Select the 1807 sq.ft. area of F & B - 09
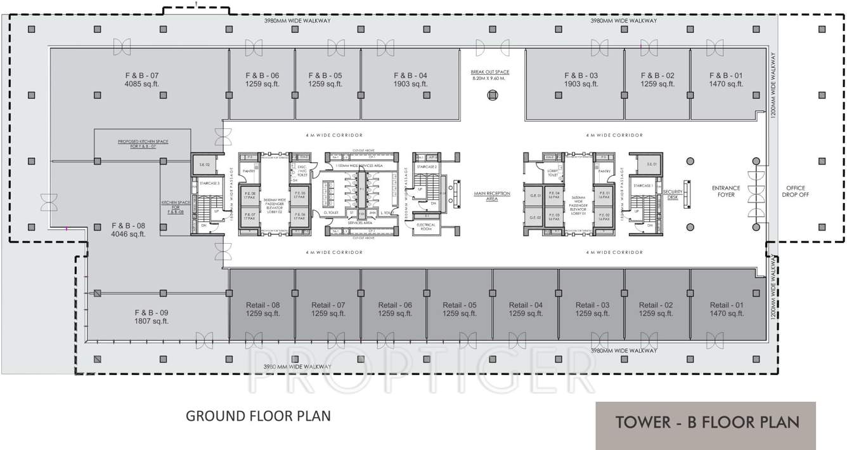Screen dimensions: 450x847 [x=152, y=321]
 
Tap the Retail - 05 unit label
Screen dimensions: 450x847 [x=460, y=305]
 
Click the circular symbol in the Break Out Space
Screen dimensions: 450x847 [x=492, y=95]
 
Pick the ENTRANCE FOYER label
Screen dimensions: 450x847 [x=725, y=191]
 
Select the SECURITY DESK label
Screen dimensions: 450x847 [x=672, y=194]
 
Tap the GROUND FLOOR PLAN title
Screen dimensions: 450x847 [x=258, y=416]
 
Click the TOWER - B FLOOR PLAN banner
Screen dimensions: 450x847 [x=706, y=423]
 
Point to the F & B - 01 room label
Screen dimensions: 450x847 [x=726, y=76]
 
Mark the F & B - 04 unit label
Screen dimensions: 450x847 [x=410, y=76]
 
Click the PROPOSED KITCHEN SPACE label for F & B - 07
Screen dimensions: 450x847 [x=143, y=143]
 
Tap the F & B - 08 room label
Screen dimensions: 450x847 [x=129, y=225]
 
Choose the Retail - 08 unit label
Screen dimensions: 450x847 [x=262, y=305]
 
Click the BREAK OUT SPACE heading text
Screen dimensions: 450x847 [x=489, y=72]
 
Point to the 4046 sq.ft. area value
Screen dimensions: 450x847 [x=129, y=234]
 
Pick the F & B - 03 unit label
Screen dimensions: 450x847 [x=581, y=76]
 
